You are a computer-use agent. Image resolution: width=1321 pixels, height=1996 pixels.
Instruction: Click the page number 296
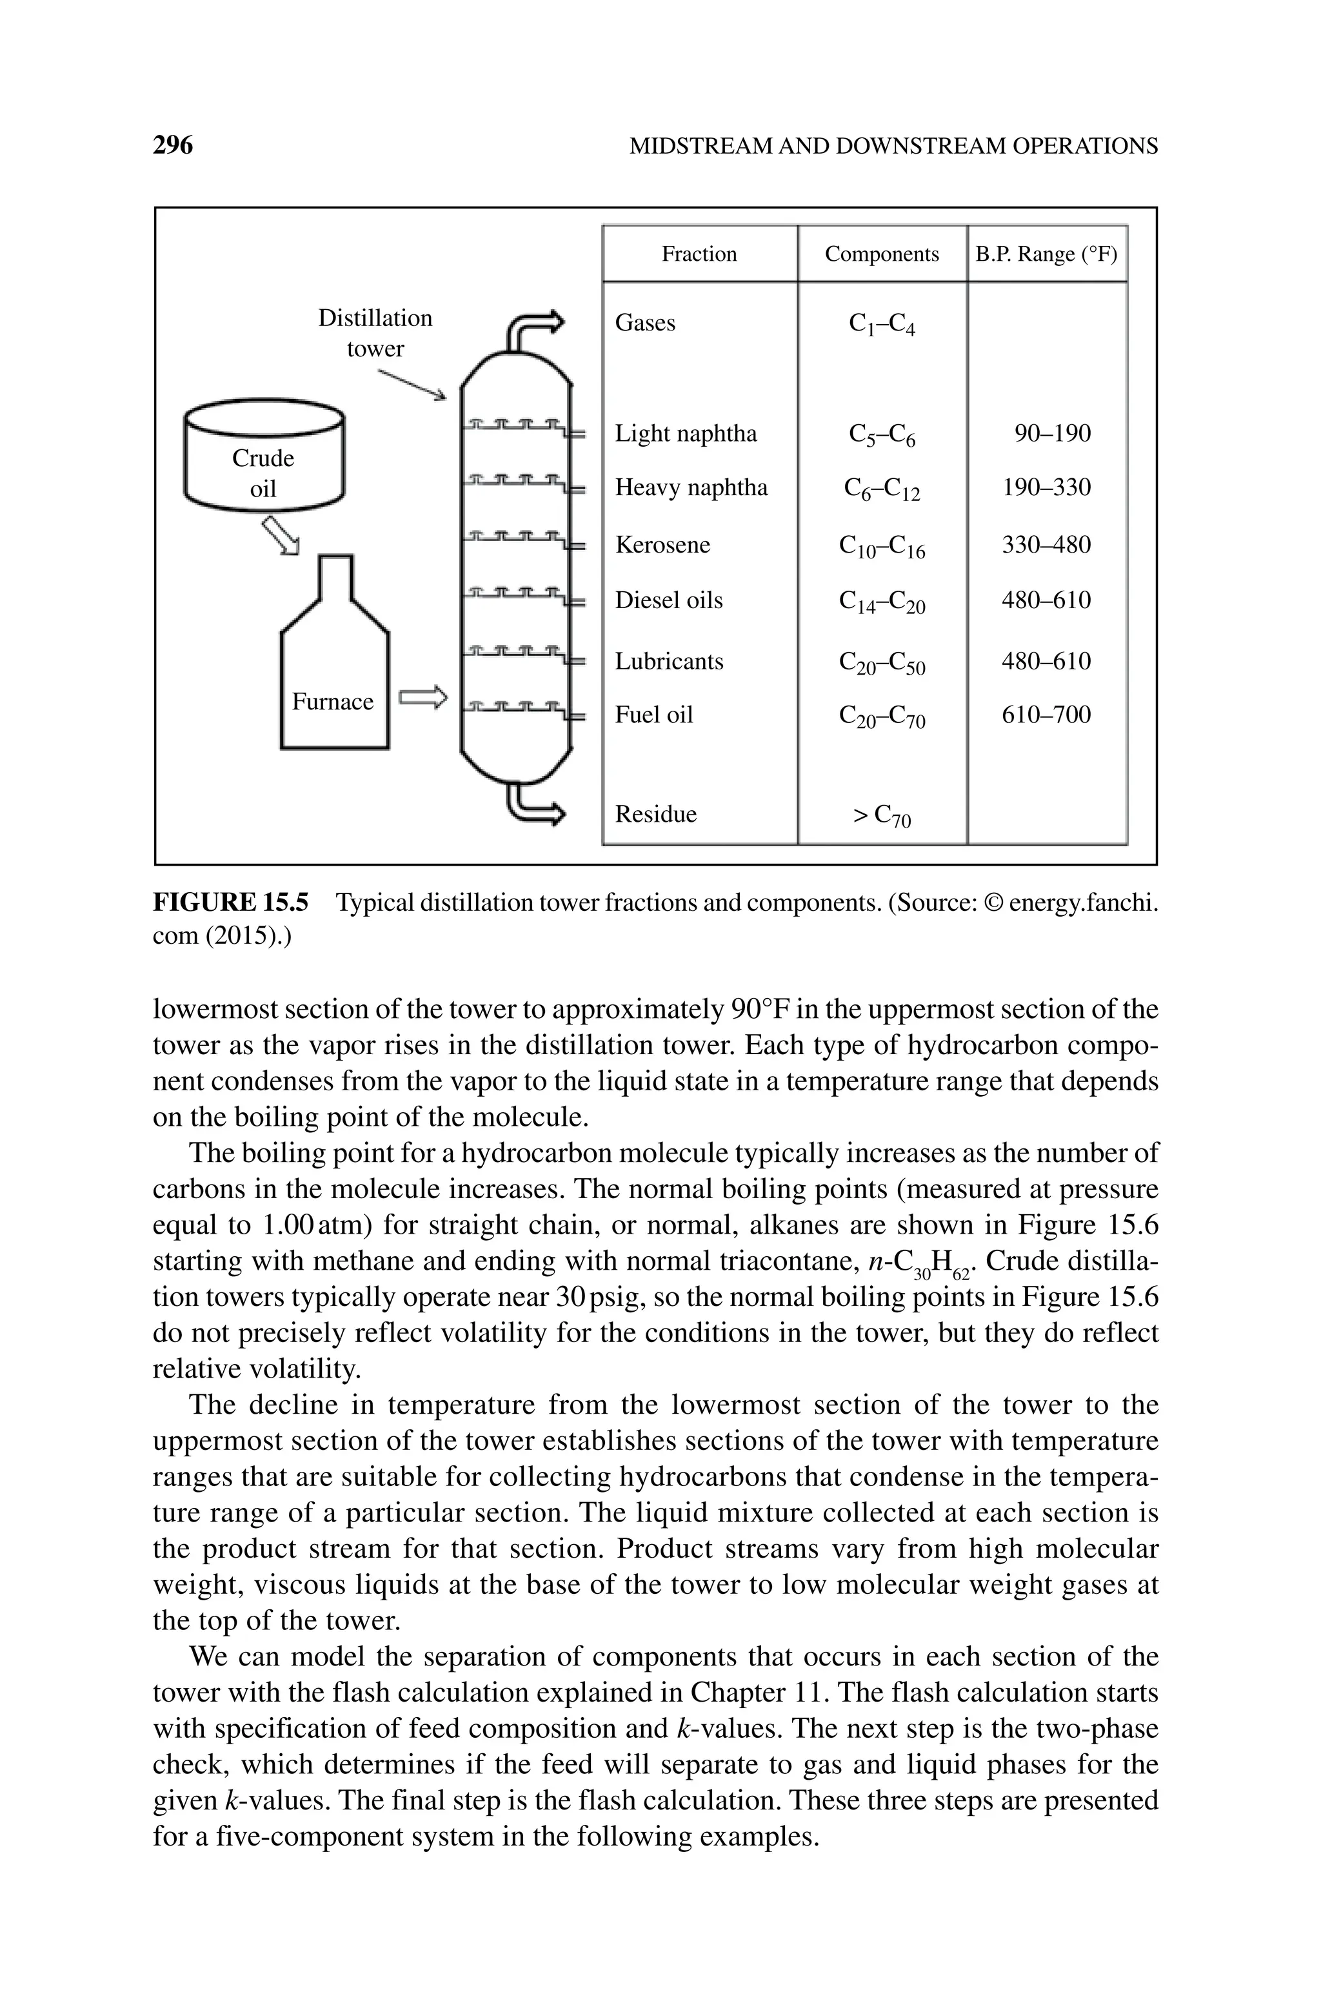(x=173, y=146)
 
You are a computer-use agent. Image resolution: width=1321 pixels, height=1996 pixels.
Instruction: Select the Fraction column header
(x=699, y=254)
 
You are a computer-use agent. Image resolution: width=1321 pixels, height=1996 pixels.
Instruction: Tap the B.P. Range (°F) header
(x=1046, y=254)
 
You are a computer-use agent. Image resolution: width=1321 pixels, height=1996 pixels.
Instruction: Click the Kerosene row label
(x=662, y=545)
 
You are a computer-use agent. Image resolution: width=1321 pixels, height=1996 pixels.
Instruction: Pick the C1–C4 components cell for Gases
(x=881, y=323)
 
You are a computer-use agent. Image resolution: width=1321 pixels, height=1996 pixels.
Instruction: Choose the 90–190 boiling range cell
(x=1051, y=433)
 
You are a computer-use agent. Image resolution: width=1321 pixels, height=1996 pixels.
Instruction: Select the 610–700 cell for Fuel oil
(x=1046, y=715)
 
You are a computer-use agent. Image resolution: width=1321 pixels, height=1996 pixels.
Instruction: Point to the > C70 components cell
(x=881, y=815)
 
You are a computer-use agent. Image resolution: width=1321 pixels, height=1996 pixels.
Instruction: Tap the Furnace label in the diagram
(x=333, y=701)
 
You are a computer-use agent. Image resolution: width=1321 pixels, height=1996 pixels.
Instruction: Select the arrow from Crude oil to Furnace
(x=281, y=535)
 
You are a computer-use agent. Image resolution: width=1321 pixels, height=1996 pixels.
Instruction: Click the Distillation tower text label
(x=375, y=333)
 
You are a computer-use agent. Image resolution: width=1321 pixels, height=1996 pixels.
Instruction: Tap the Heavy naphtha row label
(x=691, y=487)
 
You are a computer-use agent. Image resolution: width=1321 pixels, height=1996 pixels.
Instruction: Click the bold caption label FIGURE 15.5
(x=230, y=902)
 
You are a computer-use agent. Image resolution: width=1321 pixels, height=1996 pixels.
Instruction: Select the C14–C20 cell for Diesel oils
(x=881, y=601)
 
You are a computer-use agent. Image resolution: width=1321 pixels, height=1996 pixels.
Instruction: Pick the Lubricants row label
(x=669, y=661)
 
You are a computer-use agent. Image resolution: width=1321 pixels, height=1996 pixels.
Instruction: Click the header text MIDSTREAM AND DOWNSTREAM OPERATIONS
(x=893, y=146)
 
